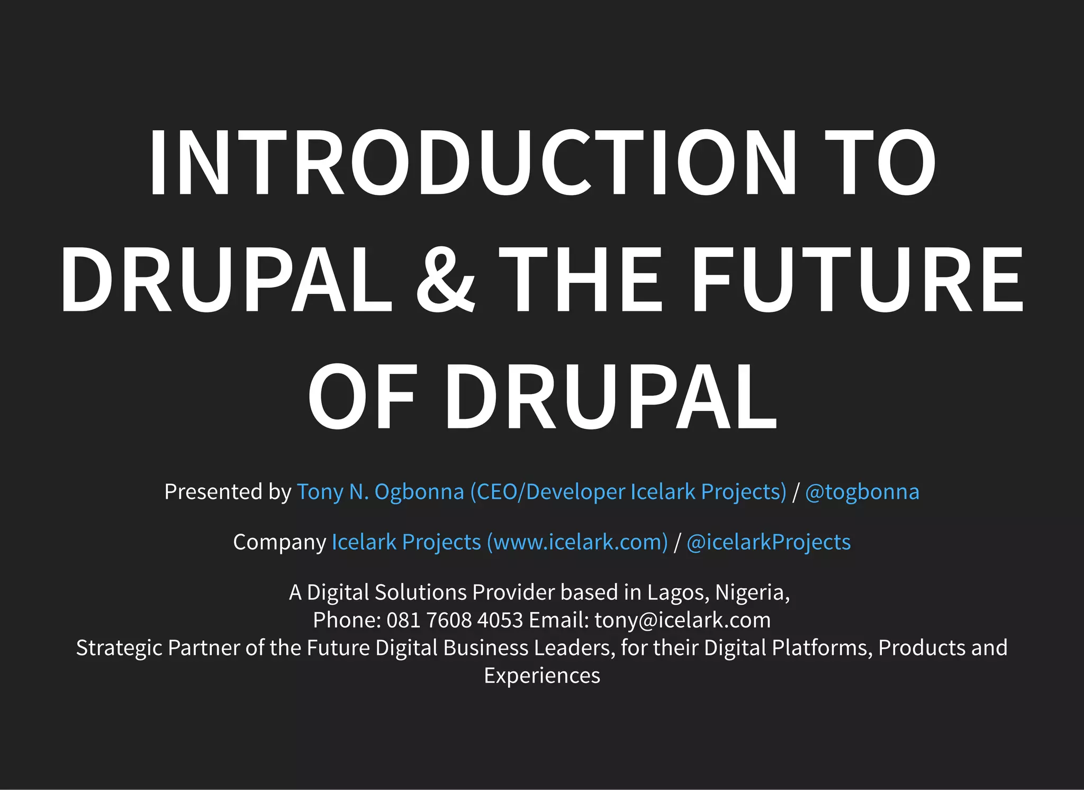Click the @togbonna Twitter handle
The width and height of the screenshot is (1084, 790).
[862, 492]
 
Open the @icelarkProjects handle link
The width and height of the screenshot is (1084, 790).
[768, 542]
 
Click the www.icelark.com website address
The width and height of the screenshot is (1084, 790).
[577, 542]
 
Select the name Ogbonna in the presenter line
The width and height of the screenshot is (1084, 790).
[419, 492]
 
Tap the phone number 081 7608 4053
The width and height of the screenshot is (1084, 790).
[455, 620]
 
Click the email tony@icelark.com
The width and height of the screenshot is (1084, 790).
[682, 620]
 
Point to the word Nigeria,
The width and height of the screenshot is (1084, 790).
[752, 592]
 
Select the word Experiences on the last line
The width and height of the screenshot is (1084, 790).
[542, 676]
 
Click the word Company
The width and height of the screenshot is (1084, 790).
[279, 542]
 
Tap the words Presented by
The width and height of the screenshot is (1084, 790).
[228, 492]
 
